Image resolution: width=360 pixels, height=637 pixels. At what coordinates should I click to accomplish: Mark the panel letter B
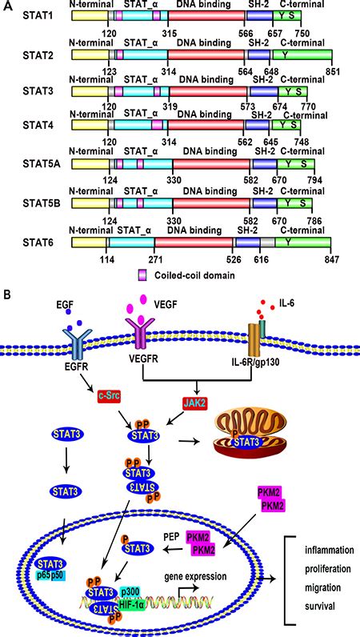[x=7, y=294]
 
